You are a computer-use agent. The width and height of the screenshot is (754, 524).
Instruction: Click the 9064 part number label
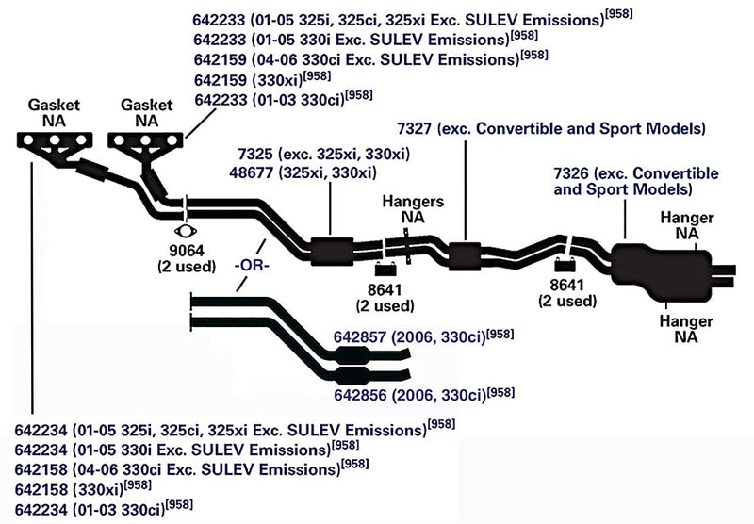tap(187, 251)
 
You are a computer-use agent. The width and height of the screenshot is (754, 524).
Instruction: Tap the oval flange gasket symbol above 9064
tap(186, 231)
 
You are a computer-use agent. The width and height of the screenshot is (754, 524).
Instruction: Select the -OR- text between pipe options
tap(252, 265)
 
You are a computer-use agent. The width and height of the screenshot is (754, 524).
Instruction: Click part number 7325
tap(254, 155)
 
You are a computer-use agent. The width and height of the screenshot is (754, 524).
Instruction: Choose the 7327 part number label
tap(415, 128)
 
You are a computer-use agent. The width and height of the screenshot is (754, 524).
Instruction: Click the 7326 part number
tap(571, 173)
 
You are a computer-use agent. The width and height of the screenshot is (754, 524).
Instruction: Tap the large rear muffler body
tap(662, 271)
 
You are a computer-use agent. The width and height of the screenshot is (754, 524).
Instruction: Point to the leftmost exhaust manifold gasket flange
tap(55, 140)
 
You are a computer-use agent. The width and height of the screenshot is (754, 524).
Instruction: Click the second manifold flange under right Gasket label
tap(146, 140)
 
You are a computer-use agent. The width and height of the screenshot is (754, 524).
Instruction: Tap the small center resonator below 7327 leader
tap(465, 255)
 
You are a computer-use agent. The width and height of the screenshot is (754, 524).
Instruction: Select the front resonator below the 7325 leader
tap(332, 251)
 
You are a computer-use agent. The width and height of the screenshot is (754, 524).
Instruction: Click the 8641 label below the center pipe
tap(385, 290)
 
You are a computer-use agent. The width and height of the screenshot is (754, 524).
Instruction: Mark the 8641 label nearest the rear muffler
tap(567, 285)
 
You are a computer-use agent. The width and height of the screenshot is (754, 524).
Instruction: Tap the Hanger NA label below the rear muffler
tap(686, 328)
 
